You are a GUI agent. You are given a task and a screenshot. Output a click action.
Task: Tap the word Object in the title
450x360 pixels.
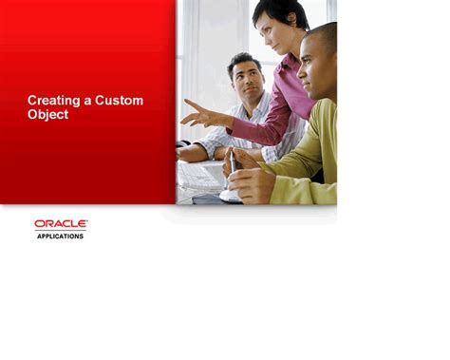click(x=47, y=115)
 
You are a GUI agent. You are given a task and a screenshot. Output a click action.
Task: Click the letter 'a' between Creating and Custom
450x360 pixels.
click(x=86, y=100)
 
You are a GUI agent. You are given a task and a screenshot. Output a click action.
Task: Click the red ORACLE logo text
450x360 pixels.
click(x=61, y=224)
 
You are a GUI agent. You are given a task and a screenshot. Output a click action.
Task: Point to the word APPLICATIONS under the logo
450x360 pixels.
click(x=60, y=236)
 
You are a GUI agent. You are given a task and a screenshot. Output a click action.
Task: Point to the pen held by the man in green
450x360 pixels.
click(x=233, y=161)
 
